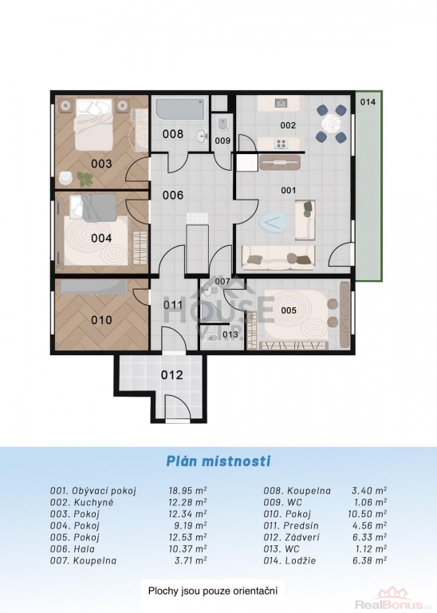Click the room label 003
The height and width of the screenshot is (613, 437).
101,164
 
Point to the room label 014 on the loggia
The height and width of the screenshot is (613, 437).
368,102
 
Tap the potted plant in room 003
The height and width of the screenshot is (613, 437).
85,178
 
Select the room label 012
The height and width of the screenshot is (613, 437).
171,374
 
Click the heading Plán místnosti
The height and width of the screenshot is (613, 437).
218,461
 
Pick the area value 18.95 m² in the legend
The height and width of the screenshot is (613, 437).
188,491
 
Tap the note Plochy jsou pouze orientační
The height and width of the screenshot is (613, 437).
213,591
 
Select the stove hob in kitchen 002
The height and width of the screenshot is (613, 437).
281,144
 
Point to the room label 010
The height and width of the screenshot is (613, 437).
101,320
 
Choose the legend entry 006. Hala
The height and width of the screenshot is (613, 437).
73,549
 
